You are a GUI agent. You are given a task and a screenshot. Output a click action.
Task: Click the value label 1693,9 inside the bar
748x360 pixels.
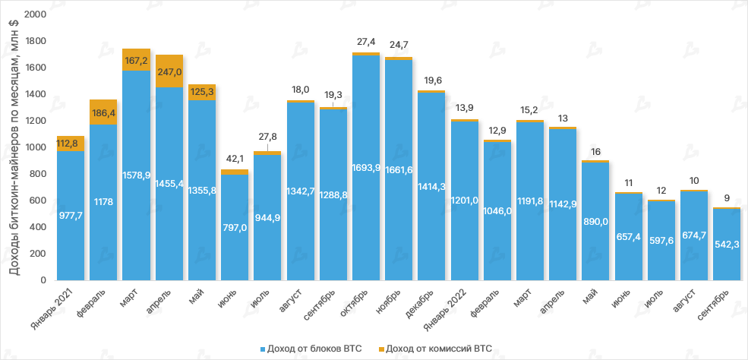pos(365,168)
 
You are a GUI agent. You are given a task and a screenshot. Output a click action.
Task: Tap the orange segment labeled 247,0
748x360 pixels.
pos(169,71)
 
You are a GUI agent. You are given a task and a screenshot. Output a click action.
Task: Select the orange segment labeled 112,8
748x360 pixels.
pos(71,144)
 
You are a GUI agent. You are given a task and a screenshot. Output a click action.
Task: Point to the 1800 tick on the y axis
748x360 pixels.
pos(36,41)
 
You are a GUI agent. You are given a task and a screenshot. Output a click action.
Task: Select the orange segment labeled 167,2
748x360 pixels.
pos(136,60)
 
